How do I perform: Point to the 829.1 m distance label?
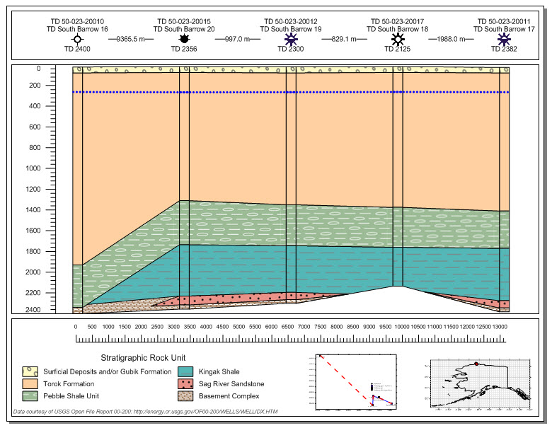click(344, 39)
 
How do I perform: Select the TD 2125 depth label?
click(397, 50)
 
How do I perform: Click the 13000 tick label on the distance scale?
click(499, 326)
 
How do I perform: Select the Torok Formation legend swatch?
click(30, 383)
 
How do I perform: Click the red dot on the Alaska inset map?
click(476, 364)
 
